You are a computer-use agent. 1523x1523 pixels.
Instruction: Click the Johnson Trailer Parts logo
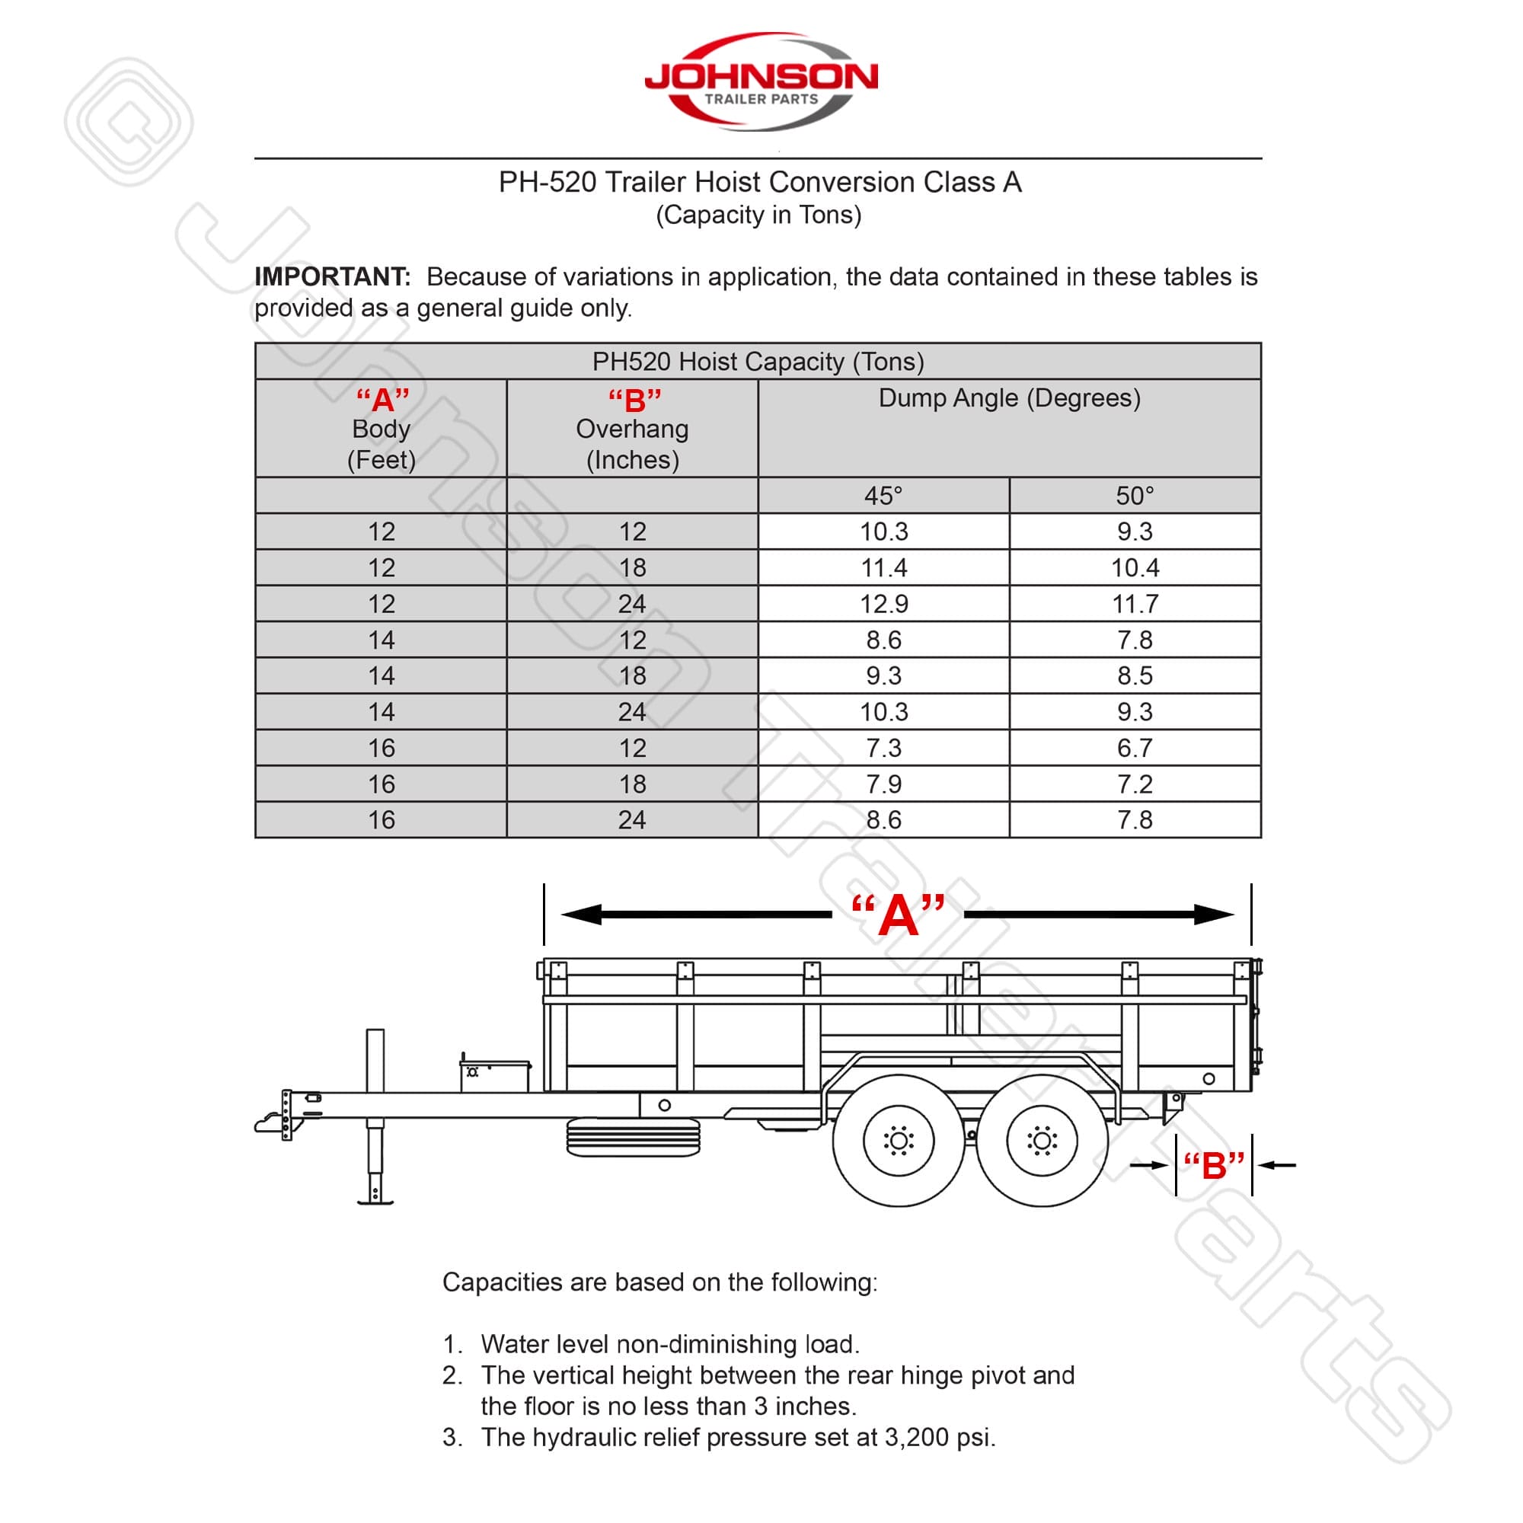761,82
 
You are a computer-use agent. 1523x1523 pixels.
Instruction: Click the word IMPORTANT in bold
332,276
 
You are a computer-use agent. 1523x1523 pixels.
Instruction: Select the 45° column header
883,496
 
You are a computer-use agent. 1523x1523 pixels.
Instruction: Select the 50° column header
1135,496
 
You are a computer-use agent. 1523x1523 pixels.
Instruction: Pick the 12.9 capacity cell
883,604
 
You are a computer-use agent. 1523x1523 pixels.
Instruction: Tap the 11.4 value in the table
883,567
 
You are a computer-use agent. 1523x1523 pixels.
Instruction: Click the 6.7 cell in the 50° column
1135,748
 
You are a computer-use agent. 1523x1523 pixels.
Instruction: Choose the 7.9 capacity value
883,784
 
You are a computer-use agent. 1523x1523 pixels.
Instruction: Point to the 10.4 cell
1135,567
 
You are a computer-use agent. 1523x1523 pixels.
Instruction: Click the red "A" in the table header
382,401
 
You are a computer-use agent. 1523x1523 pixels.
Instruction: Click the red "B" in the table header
634,401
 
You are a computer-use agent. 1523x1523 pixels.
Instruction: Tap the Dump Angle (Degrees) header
1009,398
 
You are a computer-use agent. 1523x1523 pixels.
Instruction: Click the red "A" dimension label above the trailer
898,916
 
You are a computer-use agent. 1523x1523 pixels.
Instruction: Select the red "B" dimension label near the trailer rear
1213,1165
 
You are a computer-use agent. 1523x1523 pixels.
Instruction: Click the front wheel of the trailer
898,1140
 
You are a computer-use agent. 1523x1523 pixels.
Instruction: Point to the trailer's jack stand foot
375,1201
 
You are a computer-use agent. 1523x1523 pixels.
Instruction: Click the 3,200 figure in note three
916,1437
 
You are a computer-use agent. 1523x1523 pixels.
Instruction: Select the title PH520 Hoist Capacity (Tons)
758,362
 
